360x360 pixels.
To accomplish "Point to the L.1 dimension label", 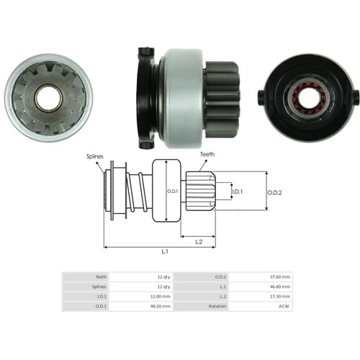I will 165,251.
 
